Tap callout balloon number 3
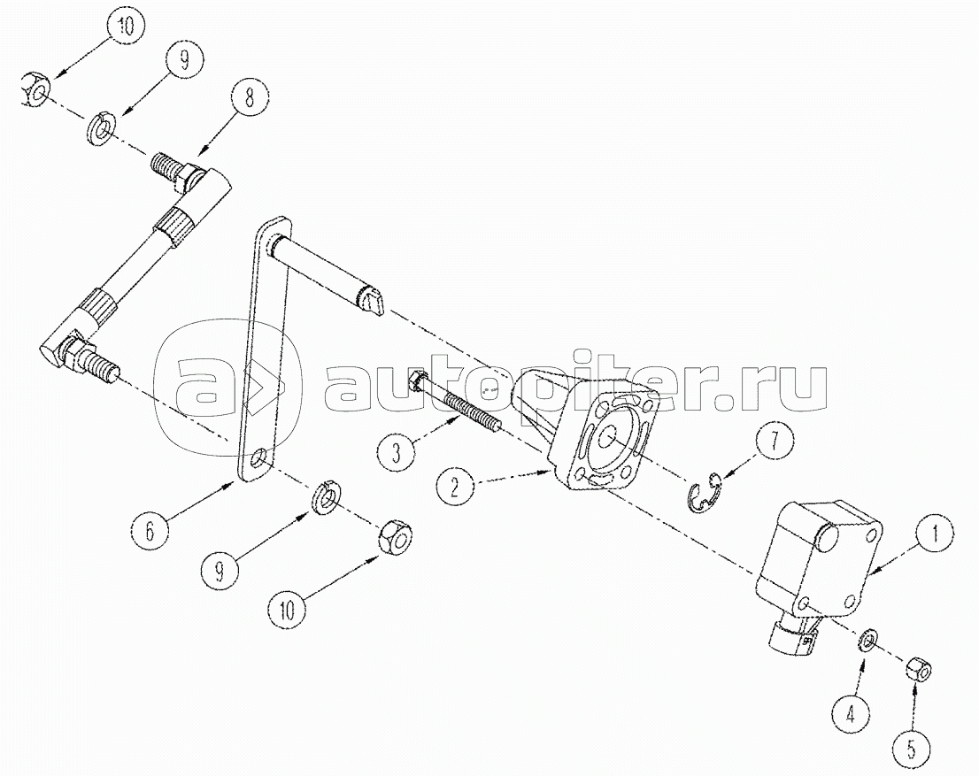396,452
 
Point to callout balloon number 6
150,532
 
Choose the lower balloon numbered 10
289,606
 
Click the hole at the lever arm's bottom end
257,461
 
